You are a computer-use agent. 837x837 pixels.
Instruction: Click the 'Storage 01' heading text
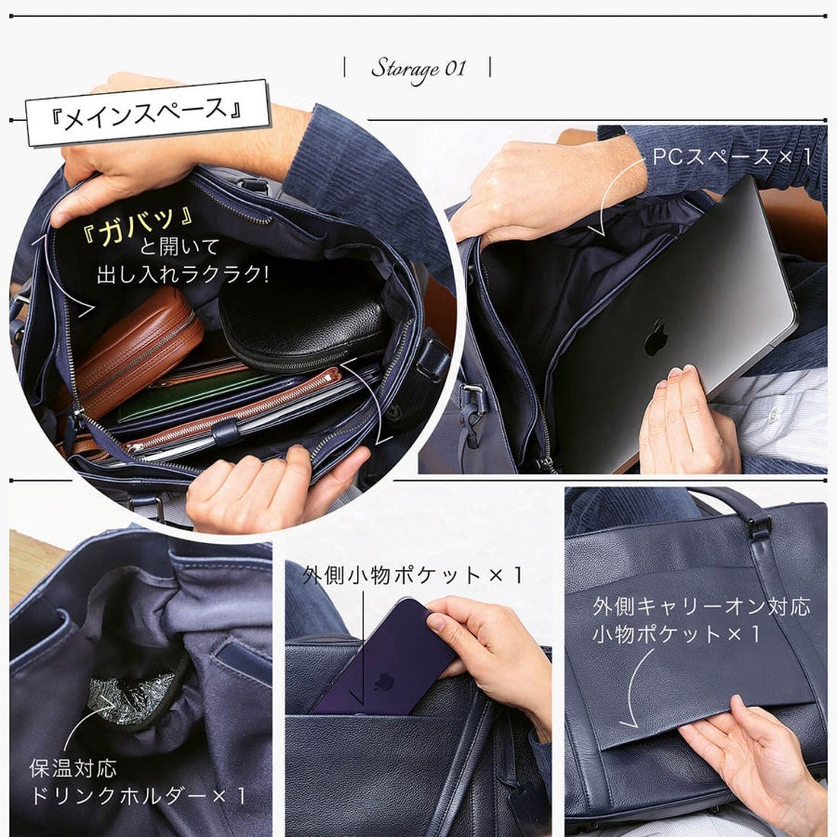[418, 68]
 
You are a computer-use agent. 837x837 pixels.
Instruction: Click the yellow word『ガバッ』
[140, 221]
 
